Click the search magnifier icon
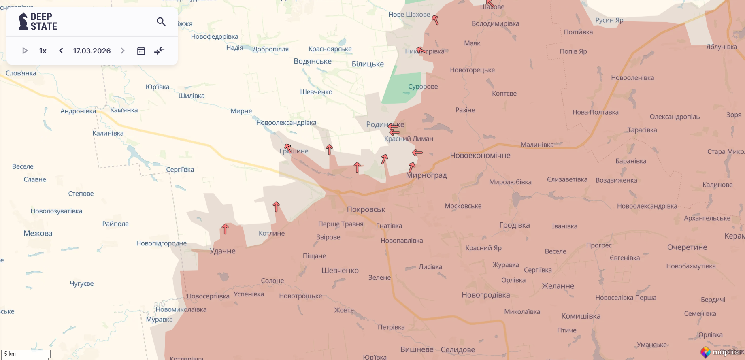(x=161, y=22)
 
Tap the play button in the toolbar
(x=25, y=51)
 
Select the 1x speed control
(x=43, y=51)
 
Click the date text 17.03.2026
(x=92, y=51)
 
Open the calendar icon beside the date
(x=141, y=51)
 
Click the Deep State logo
(x=38, y=21)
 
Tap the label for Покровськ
(x=366, y=209)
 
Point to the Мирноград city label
(x=426, y=175)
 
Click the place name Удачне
(x=223, y=251)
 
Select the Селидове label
(x=458, y=349)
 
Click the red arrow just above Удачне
(x=225, y=229)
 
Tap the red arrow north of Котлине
(x=276, y=207)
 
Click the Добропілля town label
(x=271, y=49)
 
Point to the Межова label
(x=38, y=233)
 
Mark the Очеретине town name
(x=687, y=247)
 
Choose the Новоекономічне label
(x=480, y=156)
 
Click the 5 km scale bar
(x=26, y=354)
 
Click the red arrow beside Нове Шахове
(x=435, y=19)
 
